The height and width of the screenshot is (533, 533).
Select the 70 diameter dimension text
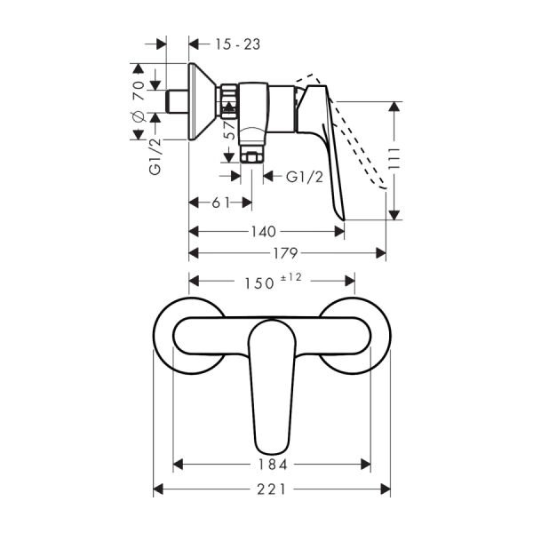click(x=138, y=88)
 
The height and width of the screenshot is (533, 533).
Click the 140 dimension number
click(x=264, y=230)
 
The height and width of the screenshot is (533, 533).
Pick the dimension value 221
click(x=273, y=489)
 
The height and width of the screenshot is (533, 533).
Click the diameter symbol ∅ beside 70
click(x=138, y=117)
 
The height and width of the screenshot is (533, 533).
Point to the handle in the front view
click(x=272, y=382)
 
